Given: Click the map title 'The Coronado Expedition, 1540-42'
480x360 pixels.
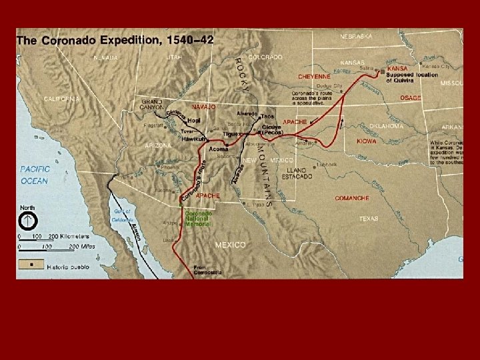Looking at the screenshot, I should pos(115,40).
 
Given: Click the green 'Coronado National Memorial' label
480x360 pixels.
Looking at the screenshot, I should pos(199,218).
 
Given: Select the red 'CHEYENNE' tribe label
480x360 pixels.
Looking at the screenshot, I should pos(314,77).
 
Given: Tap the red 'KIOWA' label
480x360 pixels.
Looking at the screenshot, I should pos(366,141).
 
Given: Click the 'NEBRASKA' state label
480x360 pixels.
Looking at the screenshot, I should pos(357,36).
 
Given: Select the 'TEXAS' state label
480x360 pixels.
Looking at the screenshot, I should pos(369,218).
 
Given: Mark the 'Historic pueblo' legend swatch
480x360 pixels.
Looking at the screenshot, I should pos(29,264).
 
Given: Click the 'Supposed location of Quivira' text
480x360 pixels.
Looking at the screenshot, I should pos(413,77).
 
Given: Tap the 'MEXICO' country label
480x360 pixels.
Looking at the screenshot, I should pos(230,245).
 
